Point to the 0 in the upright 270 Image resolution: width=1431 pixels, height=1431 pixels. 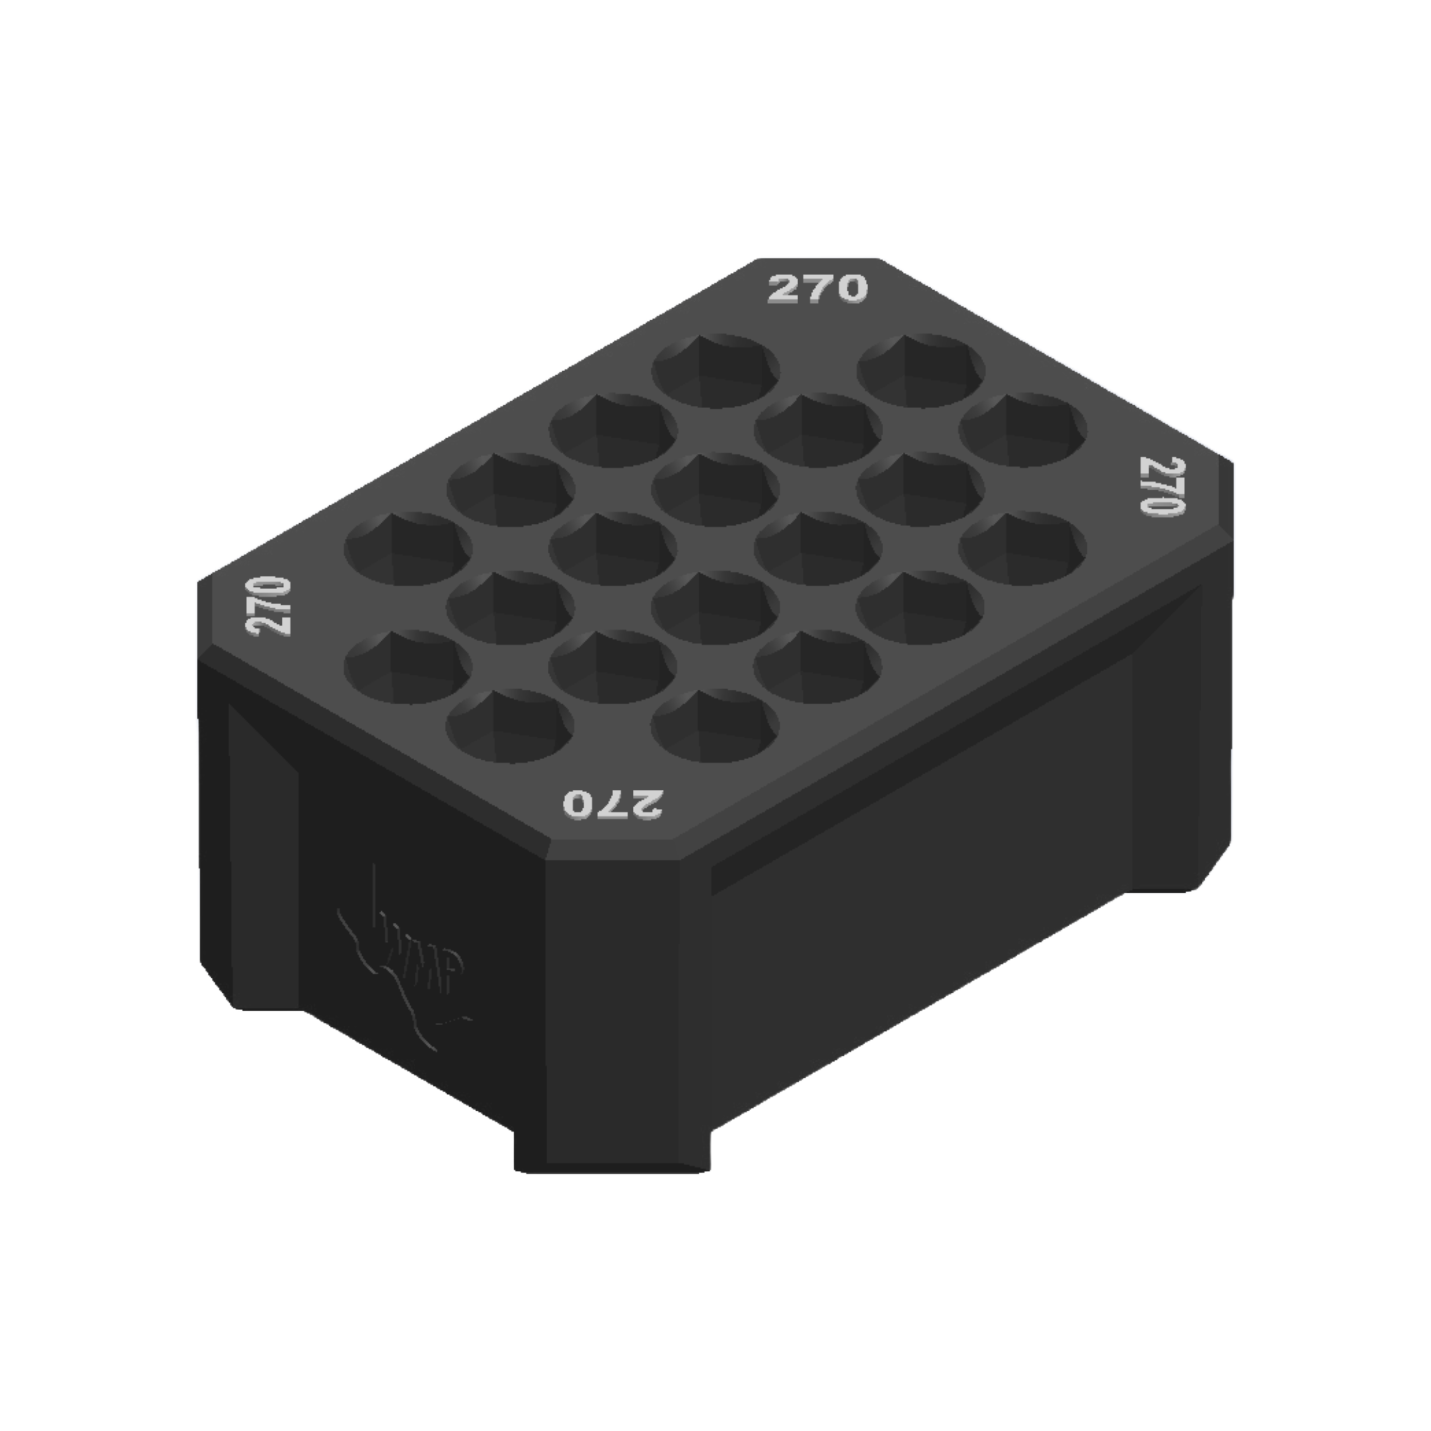(850, 289)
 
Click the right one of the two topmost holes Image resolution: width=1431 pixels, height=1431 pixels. (921, 371)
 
